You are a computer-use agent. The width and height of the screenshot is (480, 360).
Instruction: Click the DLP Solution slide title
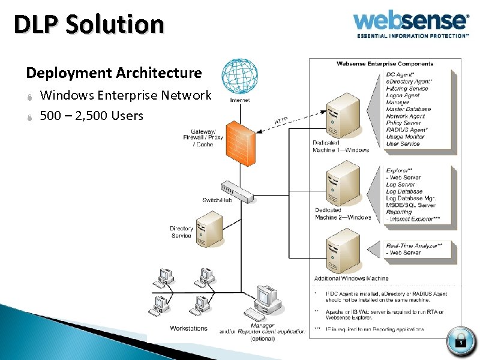tap(89, 25)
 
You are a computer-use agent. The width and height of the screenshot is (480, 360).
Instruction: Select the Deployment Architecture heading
tap(114, 73)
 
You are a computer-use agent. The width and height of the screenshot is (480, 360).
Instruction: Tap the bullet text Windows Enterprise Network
tap(125, 95)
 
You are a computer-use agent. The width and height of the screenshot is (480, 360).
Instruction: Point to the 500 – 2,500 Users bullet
tap(91, 115)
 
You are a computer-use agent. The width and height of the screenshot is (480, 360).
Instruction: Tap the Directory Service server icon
tap(211, 229)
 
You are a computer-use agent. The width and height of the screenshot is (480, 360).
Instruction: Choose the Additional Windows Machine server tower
tap(343, 254)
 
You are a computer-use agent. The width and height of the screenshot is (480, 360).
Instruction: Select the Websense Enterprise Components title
tap(384, 64)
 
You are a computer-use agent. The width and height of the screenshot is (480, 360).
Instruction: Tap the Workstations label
tap(188, 328)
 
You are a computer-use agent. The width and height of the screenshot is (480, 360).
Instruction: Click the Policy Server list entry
tap(403, 123)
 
